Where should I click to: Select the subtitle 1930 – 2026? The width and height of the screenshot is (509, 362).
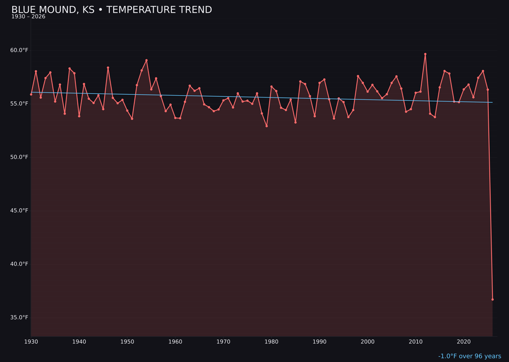[x=28, y=17]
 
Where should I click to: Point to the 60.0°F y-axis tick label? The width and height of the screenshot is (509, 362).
[x=19, y=50]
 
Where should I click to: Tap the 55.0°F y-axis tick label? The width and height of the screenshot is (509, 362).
[x=19, y=104]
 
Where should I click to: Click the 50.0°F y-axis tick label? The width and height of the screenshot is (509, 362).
[x=19, y=157]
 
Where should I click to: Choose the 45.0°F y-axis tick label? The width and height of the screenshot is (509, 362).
[x=19, y=211]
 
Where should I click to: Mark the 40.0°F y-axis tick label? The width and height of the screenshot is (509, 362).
[x=19, y=264]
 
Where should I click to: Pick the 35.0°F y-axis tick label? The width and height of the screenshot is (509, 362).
[x=19, y=317]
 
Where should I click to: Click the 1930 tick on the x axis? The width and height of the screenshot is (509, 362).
[x=31, y=341]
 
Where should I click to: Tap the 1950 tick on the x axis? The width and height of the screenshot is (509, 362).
[x=127, y=341]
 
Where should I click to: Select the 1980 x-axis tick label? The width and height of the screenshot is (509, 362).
[x=271, y=341]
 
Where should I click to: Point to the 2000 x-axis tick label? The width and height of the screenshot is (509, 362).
[x=368, y=341]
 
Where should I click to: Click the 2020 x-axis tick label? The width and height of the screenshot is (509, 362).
[x=464, y=341]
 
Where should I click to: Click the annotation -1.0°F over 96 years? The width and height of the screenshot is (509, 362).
[x=469, y=356]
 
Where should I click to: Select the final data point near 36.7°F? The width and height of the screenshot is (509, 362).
[x=493, y=299]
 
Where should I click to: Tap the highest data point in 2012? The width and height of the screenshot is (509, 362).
[x=425, y=54]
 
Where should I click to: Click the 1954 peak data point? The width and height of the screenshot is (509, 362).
[x=147, y=60]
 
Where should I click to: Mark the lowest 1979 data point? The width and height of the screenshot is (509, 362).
[x=267, y=126]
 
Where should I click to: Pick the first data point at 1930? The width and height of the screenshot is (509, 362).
[x=31, y=94]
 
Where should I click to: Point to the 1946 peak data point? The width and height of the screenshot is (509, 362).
[x=108, y=68]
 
